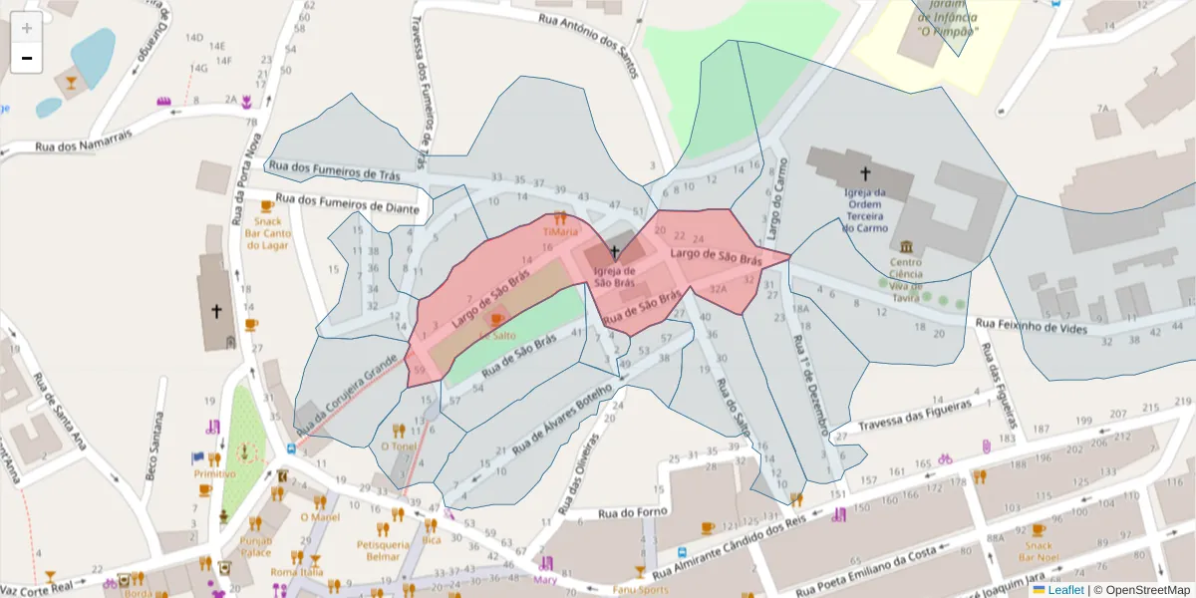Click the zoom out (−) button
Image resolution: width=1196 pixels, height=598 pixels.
27,59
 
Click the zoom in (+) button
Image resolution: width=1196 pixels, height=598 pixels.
27,28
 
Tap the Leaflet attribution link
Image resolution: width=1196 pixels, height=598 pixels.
1065,590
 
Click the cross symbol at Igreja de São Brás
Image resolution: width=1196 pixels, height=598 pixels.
615,252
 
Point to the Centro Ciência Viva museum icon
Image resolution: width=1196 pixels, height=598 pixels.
906,246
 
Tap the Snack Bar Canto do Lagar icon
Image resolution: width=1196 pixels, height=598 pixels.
266,206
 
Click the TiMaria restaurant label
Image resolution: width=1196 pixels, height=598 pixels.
559,231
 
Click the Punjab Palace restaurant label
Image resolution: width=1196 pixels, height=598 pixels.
255,545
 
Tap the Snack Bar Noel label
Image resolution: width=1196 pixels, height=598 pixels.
1039,551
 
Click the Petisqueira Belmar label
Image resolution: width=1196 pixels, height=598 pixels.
383,550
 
